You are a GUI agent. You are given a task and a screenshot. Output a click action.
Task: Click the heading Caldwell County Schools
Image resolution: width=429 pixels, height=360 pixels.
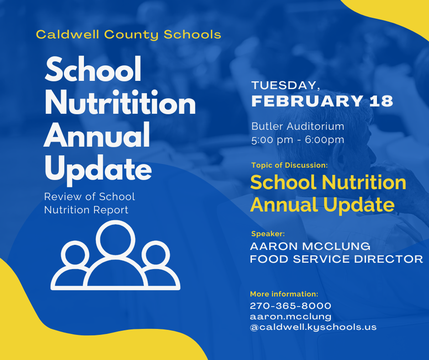[128, 35]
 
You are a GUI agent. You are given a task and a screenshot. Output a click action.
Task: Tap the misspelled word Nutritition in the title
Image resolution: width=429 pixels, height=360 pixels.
[120, 102]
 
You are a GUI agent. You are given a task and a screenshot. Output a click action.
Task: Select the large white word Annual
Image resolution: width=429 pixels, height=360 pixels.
[97, 135]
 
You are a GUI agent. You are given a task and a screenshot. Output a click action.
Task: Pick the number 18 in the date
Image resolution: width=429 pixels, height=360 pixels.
[381, 101]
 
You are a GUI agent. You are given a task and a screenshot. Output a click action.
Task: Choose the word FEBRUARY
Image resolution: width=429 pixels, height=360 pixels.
[307, 101]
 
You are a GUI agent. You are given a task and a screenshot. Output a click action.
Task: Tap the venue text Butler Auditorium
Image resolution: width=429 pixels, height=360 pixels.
[298, 126]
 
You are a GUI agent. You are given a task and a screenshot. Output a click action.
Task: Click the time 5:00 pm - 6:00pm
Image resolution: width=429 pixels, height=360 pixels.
[298, 140]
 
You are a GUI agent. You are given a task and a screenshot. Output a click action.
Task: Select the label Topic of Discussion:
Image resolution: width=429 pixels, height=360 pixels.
[289, 165]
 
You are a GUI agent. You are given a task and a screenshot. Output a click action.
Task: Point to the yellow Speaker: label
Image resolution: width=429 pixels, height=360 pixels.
[268, 234]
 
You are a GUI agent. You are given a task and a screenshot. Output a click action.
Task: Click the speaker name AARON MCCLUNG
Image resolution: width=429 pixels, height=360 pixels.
[310, 246]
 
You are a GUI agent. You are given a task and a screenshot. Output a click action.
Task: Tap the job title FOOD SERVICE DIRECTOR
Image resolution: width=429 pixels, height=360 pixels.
[336, 259]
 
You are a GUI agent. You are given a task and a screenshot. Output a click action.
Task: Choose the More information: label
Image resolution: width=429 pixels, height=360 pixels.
[284, 294]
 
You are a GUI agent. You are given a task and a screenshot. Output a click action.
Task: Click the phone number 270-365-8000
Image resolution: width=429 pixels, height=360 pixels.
[291, 306]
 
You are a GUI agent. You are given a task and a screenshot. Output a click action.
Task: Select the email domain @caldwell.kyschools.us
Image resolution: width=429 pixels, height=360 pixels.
[313, 327]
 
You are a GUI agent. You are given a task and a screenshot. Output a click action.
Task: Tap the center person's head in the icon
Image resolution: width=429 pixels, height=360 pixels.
[115, 222]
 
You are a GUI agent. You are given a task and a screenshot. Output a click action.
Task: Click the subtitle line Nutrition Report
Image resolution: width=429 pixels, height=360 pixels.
[86, 210]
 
